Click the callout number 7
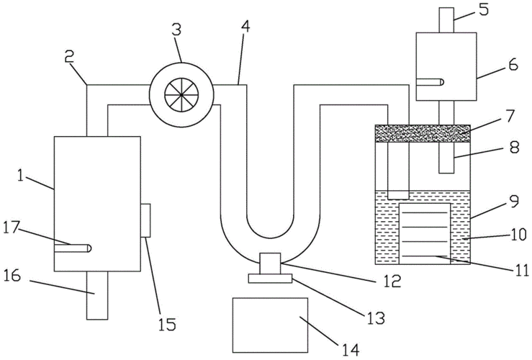510,115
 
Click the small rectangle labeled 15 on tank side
145,220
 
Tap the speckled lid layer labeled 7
423,132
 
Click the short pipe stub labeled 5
446,19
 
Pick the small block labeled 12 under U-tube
269,262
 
